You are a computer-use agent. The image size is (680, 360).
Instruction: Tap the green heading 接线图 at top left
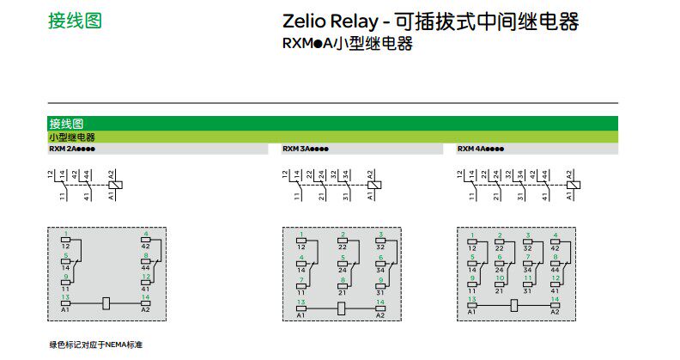(x=75, y=21)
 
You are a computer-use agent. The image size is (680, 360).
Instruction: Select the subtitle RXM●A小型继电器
(x=347, y=44)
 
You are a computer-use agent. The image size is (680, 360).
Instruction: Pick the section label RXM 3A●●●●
(x=306, y=149)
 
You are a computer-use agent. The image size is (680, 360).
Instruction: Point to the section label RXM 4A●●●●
(x=481, y=149)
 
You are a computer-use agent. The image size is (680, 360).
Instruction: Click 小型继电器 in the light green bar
(x=72, y=137)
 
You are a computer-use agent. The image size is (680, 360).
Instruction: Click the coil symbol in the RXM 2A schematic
(x=117, y=185)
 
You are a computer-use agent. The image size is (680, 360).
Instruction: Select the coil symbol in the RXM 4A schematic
(x=574, y=185)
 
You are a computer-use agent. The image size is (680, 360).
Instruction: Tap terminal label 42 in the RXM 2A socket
(x=146, y=247)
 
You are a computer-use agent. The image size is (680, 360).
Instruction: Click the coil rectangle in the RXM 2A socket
(x=106, y=302)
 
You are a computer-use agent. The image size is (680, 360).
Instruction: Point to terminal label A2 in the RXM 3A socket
(x=379, y=315)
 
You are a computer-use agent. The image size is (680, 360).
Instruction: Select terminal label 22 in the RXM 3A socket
(x=343, y=247)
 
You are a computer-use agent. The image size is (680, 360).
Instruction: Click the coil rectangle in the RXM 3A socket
(x=340, y=308)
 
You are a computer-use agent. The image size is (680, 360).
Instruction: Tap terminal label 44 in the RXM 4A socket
(x=556, y=269)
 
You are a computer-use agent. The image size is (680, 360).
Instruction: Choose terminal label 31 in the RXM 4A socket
(x=527, y=290)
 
